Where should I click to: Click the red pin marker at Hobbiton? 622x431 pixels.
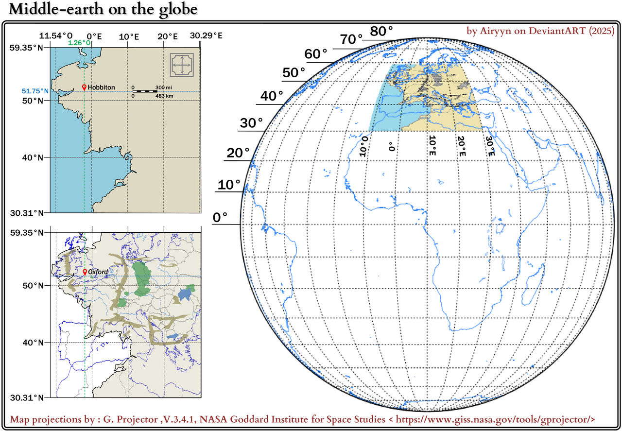point(84,87)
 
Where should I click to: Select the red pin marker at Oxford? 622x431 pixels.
point(85,272)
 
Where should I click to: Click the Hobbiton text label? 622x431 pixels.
point(101,87)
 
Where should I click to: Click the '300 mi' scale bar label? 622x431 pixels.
point(163,87)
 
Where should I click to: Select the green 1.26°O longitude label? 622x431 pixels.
point(79,43)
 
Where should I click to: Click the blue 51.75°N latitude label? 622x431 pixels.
point(35,91)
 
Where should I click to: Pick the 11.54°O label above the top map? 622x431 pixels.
point(56,36)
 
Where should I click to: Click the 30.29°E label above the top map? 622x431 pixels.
point(206,36)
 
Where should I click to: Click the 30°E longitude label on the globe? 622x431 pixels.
point(489,146)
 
